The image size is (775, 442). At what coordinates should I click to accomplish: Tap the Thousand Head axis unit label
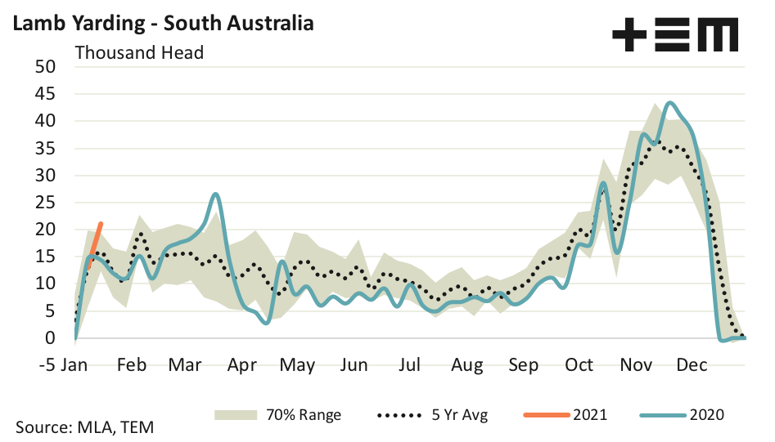[139, 53]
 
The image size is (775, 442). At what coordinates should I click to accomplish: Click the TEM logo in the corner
[675, 35]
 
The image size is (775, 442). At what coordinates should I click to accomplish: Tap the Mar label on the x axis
[184, 364]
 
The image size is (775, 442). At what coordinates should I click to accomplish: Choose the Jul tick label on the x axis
[408, 364]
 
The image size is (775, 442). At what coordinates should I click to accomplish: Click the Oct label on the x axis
[579, 364]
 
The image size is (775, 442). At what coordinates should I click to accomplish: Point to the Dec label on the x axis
[692, 364]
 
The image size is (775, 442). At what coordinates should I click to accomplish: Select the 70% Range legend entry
[278, 415]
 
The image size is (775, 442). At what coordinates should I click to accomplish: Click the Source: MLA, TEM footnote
[84, 427]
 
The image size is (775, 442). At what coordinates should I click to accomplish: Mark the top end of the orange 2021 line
[101, 224]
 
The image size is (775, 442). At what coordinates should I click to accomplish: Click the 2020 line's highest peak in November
[670, 103]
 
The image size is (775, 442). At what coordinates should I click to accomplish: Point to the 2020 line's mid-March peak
[214, 194]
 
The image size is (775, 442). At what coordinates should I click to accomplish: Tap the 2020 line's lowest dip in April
[266, 324]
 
